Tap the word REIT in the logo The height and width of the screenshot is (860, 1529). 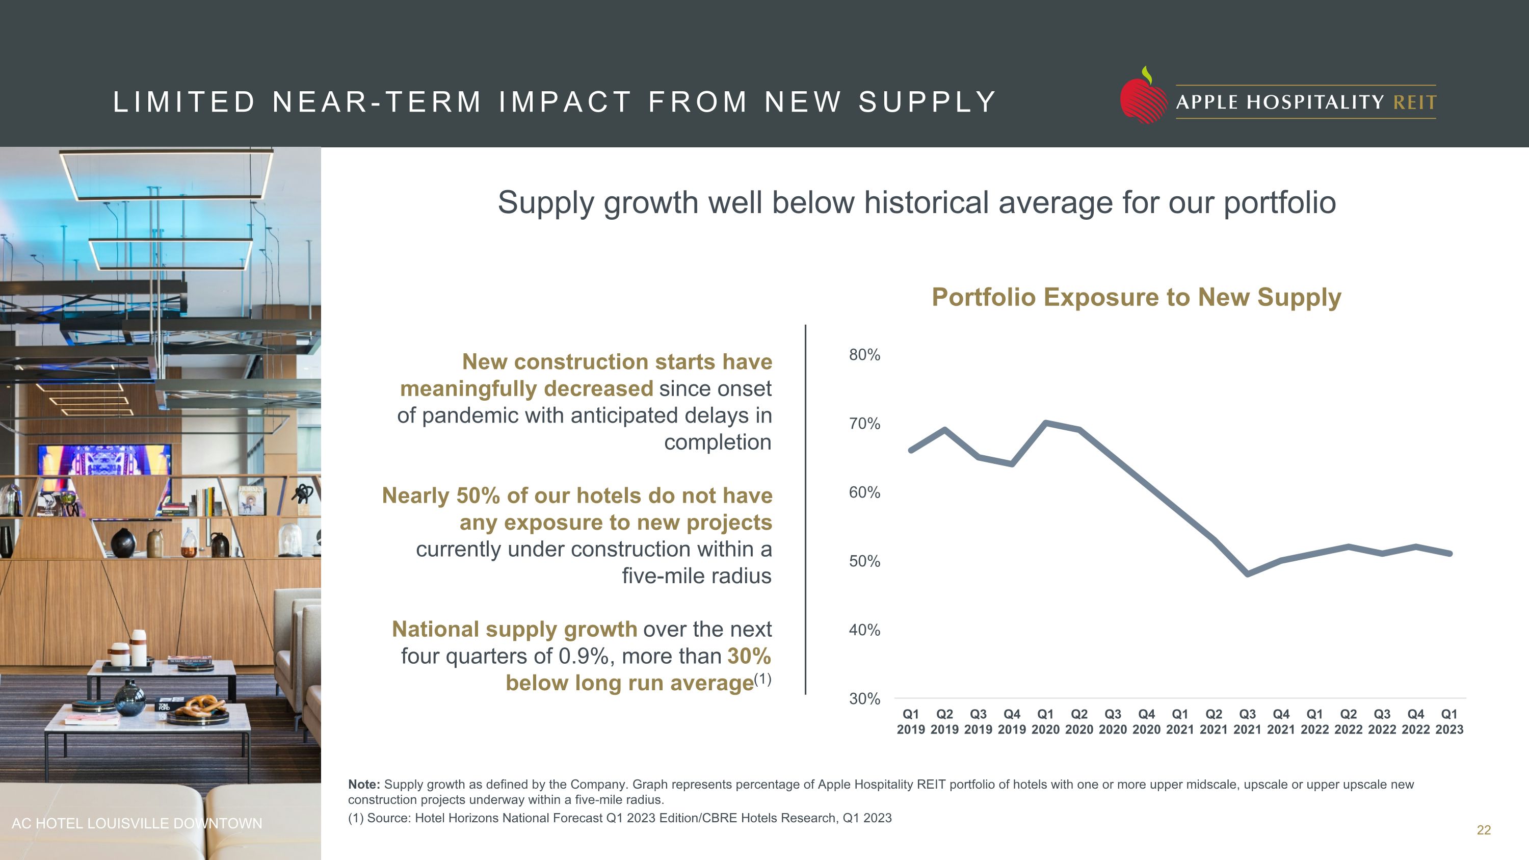[x=1414, y=102]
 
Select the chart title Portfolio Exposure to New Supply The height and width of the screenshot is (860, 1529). [x=1136, y=297]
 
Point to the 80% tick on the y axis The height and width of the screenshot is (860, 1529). [x=864, y=355]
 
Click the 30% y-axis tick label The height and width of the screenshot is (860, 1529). [x=864, y=698]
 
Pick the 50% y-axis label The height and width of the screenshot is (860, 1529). [x=864, y=561]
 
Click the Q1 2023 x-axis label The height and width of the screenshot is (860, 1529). [x=1449, y=722]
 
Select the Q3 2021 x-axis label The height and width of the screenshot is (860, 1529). [x=1247, y=722]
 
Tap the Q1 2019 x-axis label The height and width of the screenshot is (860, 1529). [x=910, y=722]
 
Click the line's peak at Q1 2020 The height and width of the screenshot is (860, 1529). [x=1045, y=423]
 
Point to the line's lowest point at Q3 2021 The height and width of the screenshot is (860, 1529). [x=1247, y=574]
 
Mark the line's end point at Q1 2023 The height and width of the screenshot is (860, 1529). [x=1449, y=554]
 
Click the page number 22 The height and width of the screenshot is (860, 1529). [x=1483, y=830]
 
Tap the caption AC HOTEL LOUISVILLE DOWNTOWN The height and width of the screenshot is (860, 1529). [x=137, y=823]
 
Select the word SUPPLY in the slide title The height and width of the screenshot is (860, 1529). [x=927, y=102]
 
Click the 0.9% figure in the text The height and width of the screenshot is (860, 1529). [x=584, y=656]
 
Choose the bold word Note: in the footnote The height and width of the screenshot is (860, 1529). [x=364, y=785]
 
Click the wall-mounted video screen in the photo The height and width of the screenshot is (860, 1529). [x=104, y=460]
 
